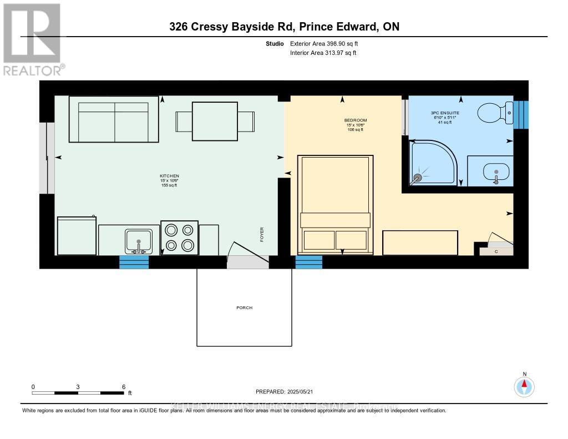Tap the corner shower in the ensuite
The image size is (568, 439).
tap(433, 162)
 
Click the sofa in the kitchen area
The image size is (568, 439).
tap(114, 119)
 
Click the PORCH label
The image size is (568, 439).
tap(245, 307)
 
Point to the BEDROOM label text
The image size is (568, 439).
tap(355, 120)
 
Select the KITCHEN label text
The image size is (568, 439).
tap(169, 176)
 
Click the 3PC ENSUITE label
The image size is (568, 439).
tap(445, 113)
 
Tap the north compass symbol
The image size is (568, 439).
tap(524, 386)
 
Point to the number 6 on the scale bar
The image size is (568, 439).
tap(124, 387)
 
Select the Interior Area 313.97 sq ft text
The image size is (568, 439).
tap(323, 53)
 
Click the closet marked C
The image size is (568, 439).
tap(496, 251)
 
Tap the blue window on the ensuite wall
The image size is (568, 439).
tap(521, 115)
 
